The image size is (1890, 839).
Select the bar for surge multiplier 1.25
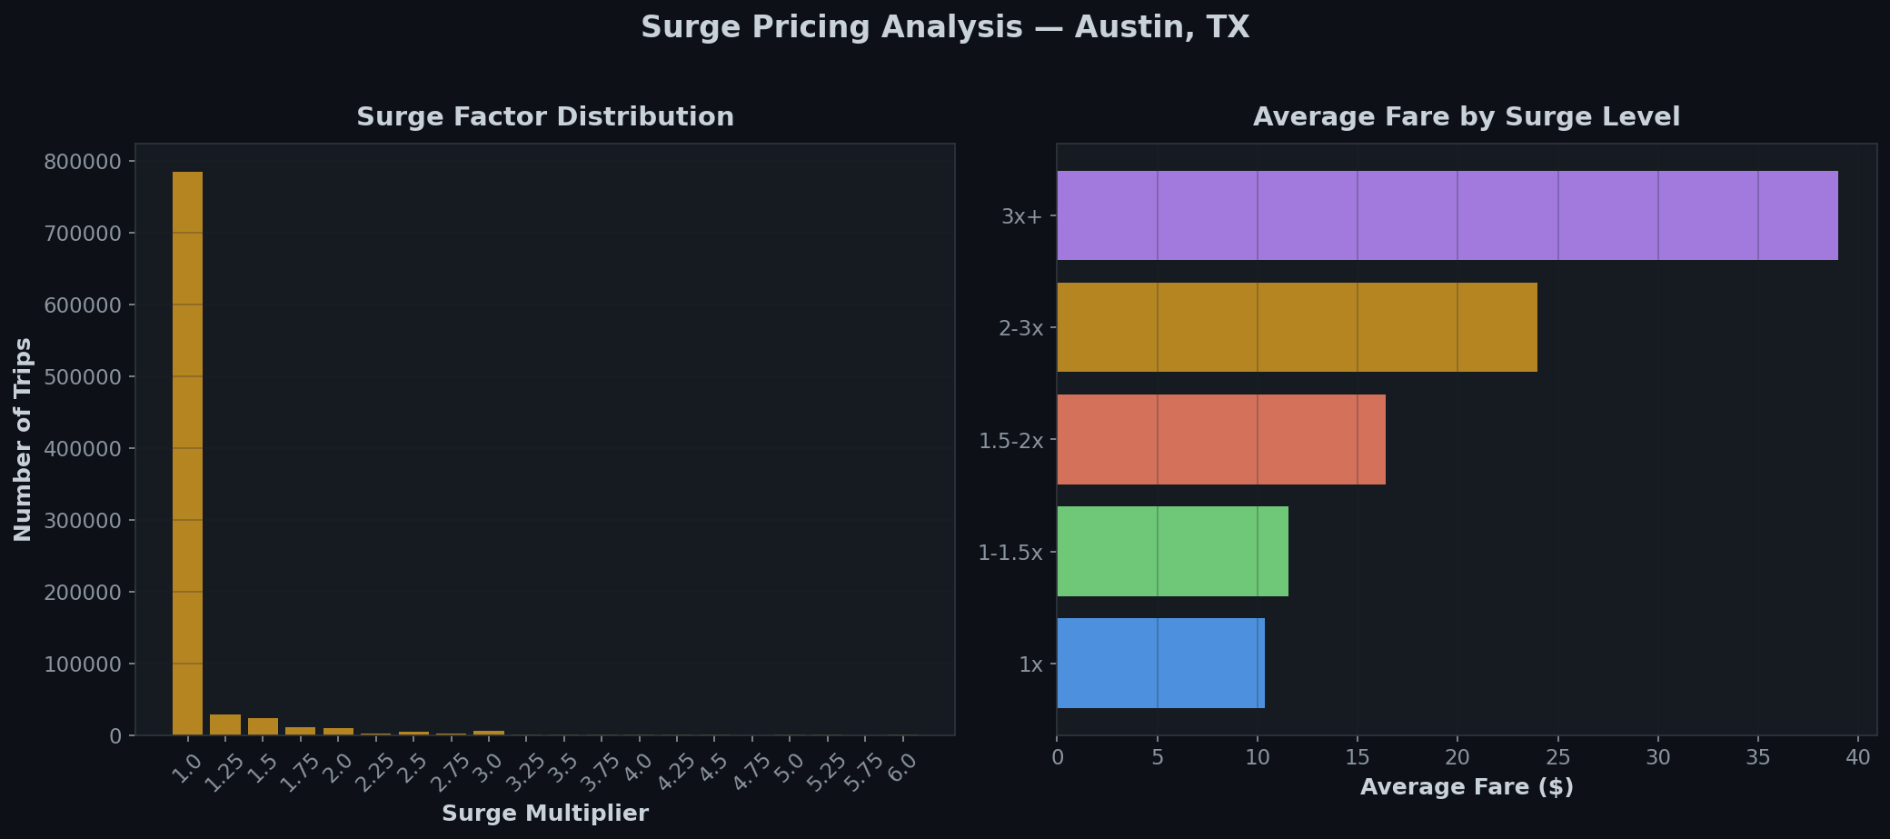coord(225,725)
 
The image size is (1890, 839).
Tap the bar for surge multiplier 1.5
coord(263,727)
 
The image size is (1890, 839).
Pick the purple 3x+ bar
coord(1447,215)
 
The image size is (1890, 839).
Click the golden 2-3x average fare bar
coord(1297,327)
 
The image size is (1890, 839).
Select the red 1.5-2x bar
coord(1220,440)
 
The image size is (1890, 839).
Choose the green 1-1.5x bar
coord(1172,552)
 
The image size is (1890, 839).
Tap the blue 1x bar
coord(1160,664)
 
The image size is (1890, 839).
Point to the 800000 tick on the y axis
coord(83,162)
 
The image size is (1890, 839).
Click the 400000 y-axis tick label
coord(83,449)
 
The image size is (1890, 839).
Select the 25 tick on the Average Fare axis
coord(1557,757)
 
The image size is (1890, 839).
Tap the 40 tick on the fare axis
coord(1858,757)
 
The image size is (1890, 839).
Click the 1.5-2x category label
coord(1010,441)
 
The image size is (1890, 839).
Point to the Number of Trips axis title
coord(24,440)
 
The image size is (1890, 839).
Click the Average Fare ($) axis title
coord(1466,787)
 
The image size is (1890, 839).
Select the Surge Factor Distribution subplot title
coord(545,117)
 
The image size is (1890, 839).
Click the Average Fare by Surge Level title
coord(1466,117)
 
